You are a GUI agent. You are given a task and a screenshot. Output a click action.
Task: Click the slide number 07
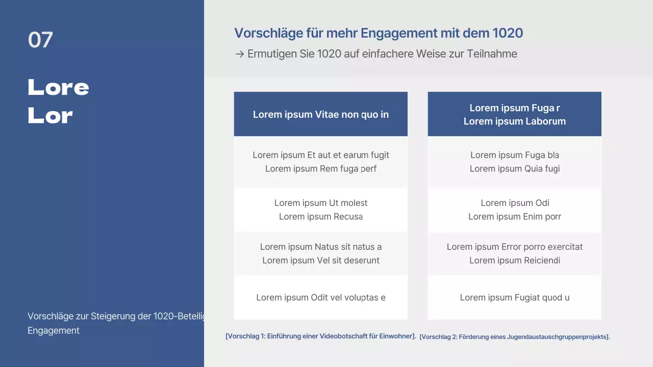pos(40,40)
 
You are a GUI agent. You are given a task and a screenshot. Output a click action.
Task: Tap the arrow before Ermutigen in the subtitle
pos(239,54)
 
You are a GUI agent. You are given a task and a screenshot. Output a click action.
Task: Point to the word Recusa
pos(348,217)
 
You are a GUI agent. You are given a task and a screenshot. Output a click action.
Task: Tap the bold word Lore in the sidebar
pos(58,88)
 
